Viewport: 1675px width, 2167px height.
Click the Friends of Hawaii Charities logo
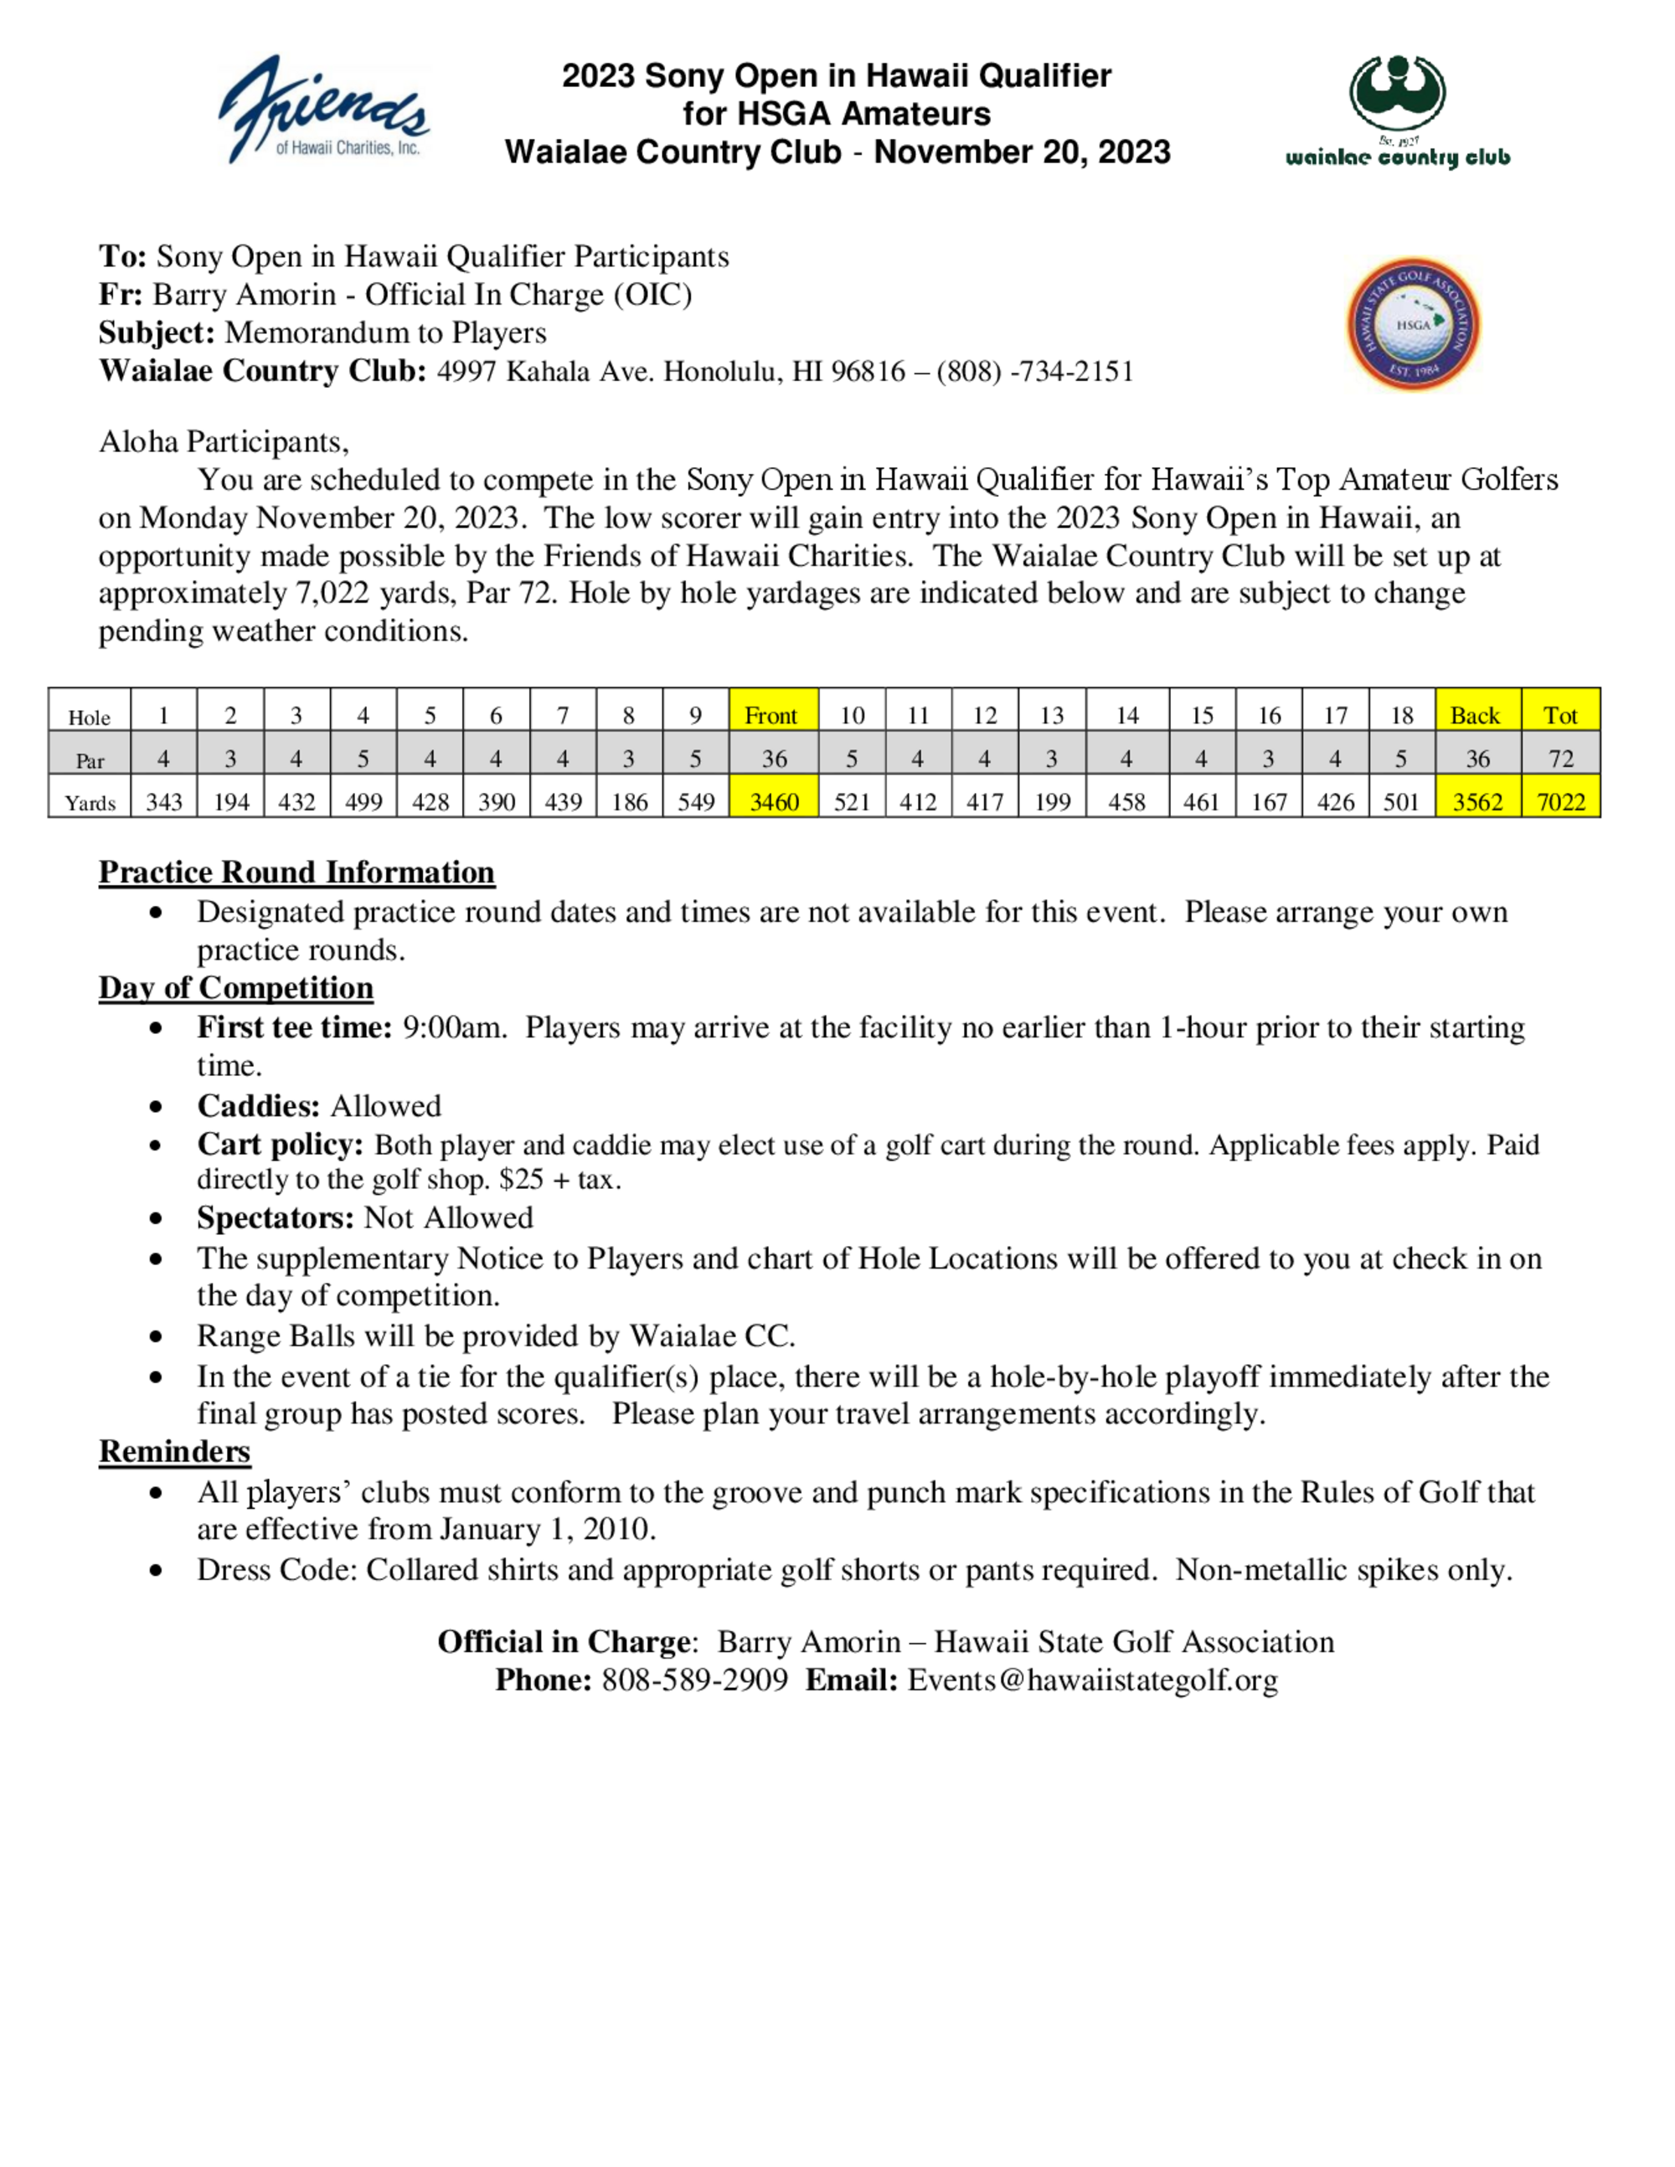tap(323, 109)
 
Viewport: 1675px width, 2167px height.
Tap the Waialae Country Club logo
tap(1397, 111)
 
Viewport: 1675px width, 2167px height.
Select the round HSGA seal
tap(1413, 324)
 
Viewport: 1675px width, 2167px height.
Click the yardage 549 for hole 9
tap(696, 801)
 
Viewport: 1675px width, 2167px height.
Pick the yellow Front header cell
tap(772, 715)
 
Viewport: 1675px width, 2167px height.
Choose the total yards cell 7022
tap(1561, 801)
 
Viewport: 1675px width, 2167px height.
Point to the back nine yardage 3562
tap(1477, 801)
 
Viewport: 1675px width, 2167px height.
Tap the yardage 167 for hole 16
tap(1268, 801)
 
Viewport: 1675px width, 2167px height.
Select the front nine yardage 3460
tap(774, 801)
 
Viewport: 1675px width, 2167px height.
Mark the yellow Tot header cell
tap(1560, 715)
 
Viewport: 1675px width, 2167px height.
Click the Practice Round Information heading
tap(296, 872)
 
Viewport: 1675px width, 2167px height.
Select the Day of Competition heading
tap(235, 988)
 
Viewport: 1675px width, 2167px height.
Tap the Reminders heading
tap(175, 1452)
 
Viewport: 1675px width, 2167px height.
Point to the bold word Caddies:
tap(258, 1106)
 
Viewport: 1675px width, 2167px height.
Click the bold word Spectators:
tap(275, 1217)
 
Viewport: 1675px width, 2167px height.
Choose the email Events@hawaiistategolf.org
tap(1093, 1680)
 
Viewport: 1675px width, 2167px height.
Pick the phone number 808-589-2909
tap(694, 1680)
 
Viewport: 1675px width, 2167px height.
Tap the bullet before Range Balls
tap(156, 1337)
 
